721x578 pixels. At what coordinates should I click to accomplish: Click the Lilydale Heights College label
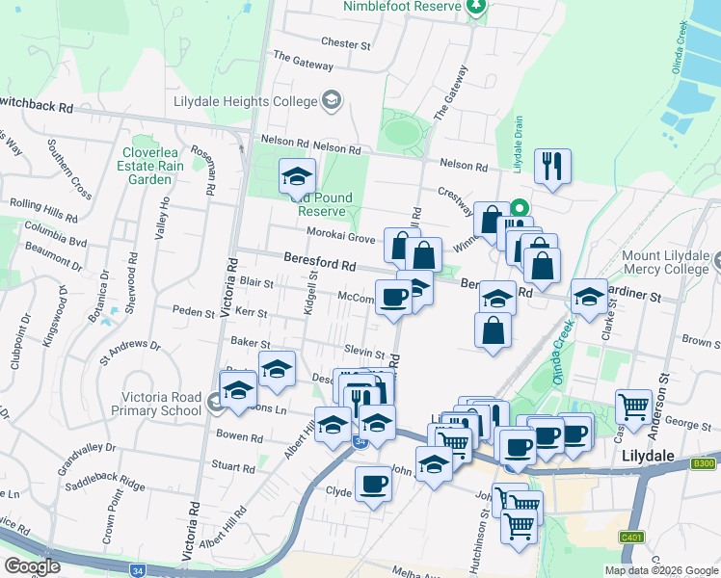(245, 101)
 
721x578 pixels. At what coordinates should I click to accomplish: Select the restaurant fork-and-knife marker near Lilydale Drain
(552, 166)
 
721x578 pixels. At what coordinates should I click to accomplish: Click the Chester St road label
(346, 44)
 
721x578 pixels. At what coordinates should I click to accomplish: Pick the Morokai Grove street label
(340, 237)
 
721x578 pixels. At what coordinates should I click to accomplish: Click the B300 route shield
(704, 463)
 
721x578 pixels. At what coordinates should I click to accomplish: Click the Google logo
(33, 565)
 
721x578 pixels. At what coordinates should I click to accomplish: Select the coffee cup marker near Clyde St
(373, 485)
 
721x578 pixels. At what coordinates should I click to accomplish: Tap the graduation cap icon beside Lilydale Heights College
(332, 100)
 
